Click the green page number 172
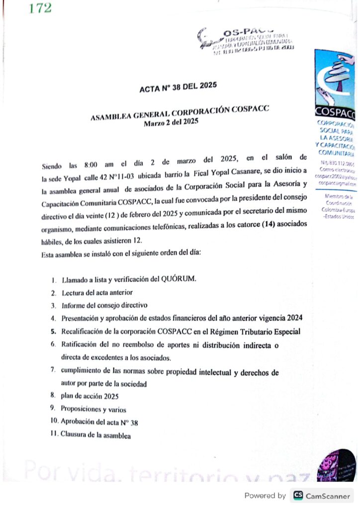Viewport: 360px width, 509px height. coord(40,8)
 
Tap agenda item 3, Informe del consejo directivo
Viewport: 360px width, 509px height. coord(104,305)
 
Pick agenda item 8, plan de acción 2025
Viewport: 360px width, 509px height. coord(90,396)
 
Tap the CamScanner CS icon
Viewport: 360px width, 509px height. coord(298,496)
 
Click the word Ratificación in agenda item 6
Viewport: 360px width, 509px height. coord(83,344)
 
